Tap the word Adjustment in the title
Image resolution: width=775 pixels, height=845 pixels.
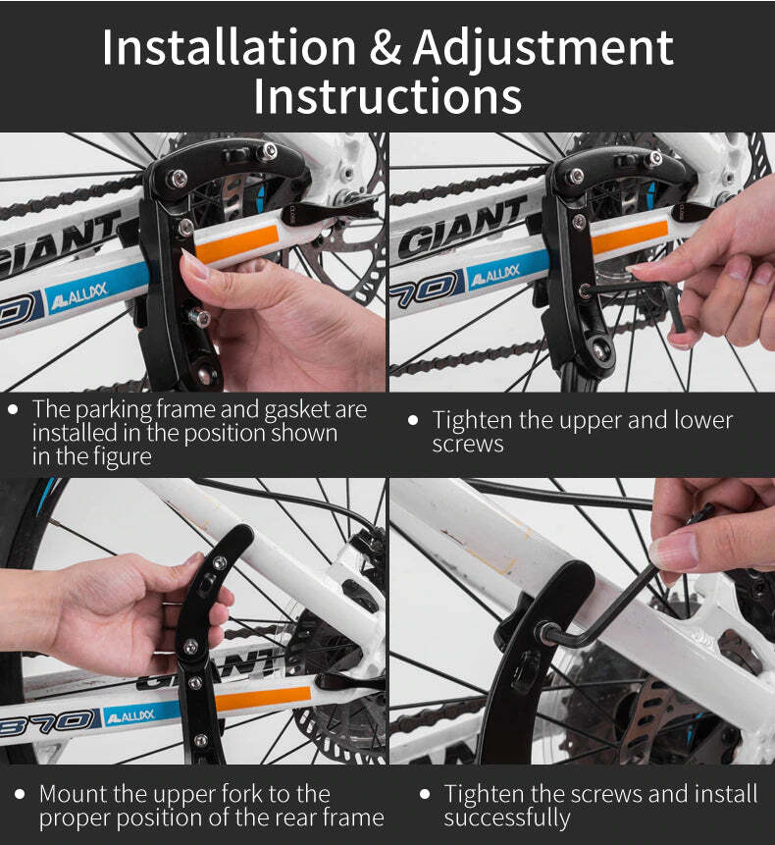[x=542, y=47]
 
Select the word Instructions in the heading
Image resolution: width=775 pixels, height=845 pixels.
[x=387, y=96]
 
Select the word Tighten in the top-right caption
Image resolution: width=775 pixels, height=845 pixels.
[x=477, y=420]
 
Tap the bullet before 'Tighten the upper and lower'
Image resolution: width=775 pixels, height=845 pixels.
[x=413, y=420]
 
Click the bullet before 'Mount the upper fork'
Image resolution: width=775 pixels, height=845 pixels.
[x=19, y=793]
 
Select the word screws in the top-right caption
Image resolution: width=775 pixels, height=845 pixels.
[x=467, y=444]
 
